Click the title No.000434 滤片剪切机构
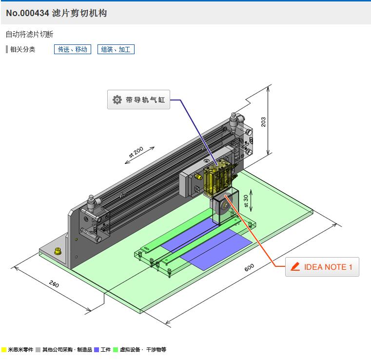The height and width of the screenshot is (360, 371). (57, 13)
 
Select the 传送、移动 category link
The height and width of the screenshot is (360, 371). (72, 49)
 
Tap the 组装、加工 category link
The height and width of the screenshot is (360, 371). (116, 49)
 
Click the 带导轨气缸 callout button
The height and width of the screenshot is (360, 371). (138, 100)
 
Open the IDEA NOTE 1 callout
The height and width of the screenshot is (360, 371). (322, 267)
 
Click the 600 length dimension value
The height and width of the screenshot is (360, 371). (249, 268)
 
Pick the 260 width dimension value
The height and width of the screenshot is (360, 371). (54, 284)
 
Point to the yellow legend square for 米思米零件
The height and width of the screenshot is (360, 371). (4, 350)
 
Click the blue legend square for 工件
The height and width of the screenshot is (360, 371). (97, 350)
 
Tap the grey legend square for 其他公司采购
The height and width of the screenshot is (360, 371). (38, 350)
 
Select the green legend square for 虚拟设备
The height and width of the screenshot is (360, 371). (116, 350)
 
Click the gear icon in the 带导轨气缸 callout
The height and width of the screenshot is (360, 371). (117, 100)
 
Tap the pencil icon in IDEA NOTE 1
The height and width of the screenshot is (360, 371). (295, 267)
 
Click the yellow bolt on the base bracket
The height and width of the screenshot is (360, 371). (59, 251)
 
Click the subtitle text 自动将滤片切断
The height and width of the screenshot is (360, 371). (29, 34)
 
